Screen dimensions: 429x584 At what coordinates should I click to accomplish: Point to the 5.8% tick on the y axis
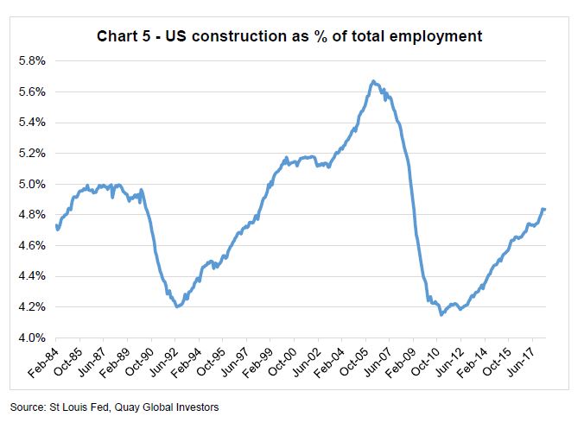click(x=32, y=61)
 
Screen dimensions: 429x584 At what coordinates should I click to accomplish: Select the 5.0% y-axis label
click(x=32, y=184)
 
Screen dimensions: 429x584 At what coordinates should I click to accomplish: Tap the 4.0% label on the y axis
click(x=32, y=338)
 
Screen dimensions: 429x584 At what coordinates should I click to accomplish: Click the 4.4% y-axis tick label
click(x=32, y=276)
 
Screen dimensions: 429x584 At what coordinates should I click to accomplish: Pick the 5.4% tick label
click(x=32, y=123)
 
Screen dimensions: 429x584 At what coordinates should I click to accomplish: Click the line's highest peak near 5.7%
click(x=372, y=81)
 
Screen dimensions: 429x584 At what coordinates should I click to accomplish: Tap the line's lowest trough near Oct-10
click(x=442, y=314)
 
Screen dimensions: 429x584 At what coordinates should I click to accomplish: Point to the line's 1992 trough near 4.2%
click(x=177, y=306)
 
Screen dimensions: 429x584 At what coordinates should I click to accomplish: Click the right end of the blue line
click(x=544, y=209)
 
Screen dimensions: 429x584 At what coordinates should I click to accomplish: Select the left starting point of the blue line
click(x=56, y=225)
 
